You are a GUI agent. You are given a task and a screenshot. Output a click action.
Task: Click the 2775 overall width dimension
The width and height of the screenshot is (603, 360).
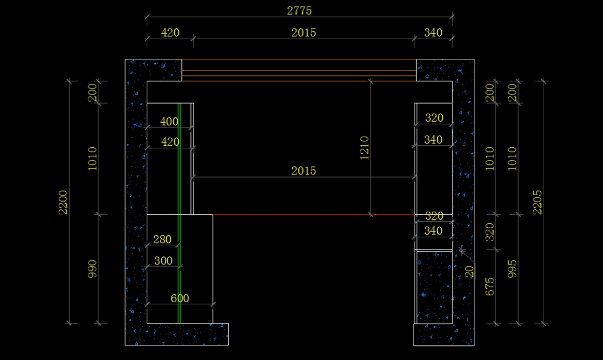(x=299, y=11)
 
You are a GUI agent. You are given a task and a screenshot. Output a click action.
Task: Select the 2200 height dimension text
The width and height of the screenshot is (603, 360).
(x=63, y=202)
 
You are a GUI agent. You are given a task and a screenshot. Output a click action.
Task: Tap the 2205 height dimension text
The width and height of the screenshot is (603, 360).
(x=537, y=202)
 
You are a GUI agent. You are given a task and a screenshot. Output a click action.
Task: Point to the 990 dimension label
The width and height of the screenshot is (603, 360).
(x=92, y=268)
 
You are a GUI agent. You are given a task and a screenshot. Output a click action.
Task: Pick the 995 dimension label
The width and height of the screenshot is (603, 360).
(x=512, y=268)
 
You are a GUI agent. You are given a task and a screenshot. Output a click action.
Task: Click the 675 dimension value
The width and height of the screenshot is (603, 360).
(x=489, y=287)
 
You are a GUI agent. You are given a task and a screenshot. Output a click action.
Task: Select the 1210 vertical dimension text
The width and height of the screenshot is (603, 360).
(x=364, y=148)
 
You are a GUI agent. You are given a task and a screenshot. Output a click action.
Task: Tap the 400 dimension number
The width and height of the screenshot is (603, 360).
(x=169, y=122)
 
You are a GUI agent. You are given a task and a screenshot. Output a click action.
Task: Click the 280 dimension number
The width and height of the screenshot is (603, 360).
(x=162, y=239)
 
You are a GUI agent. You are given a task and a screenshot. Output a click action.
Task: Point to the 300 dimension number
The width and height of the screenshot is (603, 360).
(x=163, y=261)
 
